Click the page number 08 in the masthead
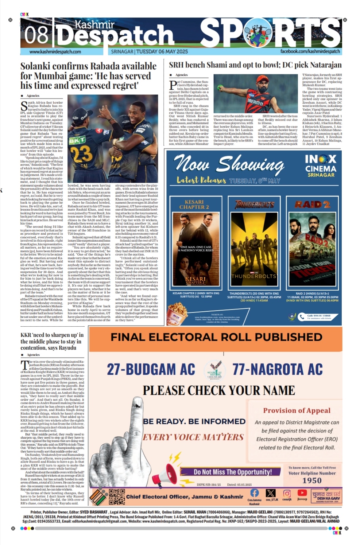coord(36,35)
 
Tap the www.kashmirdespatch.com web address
coord(55,52)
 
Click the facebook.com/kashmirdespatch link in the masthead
coord(310,51)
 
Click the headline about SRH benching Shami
coord(255,65)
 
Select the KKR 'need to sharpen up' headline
coord(51,341)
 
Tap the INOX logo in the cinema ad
coord(321,159)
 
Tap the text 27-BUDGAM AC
coord(151,370)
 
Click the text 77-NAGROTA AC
coord(278,370)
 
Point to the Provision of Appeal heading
coord(297,410)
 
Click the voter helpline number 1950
coord(312,480)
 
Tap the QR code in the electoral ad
coord(117,497)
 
